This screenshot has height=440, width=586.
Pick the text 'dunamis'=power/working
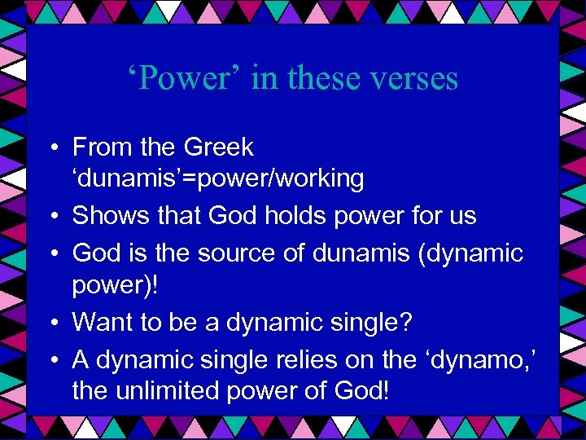coord(218,178)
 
